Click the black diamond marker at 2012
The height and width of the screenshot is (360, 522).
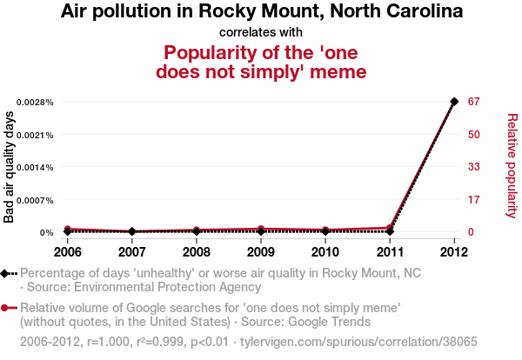pyautogui.click(x=454, y=102)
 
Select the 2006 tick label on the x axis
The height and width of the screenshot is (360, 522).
pyautogui.click(x=68, y=252)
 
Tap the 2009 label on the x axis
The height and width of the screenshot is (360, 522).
pyautogui.click(x=261, y=252)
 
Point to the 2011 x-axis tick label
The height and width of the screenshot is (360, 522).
pyautogui.click(x=390, y=252)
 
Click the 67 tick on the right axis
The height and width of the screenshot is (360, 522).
pyautogui.click(x=475, y=102)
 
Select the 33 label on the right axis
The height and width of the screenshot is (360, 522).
pyautogui.click(x=475, y=167)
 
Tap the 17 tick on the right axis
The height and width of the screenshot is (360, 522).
pyautogui.click(x=474, y=200)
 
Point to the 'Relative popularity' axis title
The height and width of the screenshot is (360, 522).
pyautogui.click(x=512, y=165)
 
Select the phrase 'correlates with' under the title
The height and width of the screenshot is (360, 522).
pyautogui.click(x=261, y=32)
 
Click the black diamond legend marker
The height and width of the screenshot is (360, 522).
pyautogui.click(x=7, y=273)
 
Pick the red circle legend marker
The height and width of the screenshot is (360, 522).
pyautogui.click(x=7, y=308)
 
